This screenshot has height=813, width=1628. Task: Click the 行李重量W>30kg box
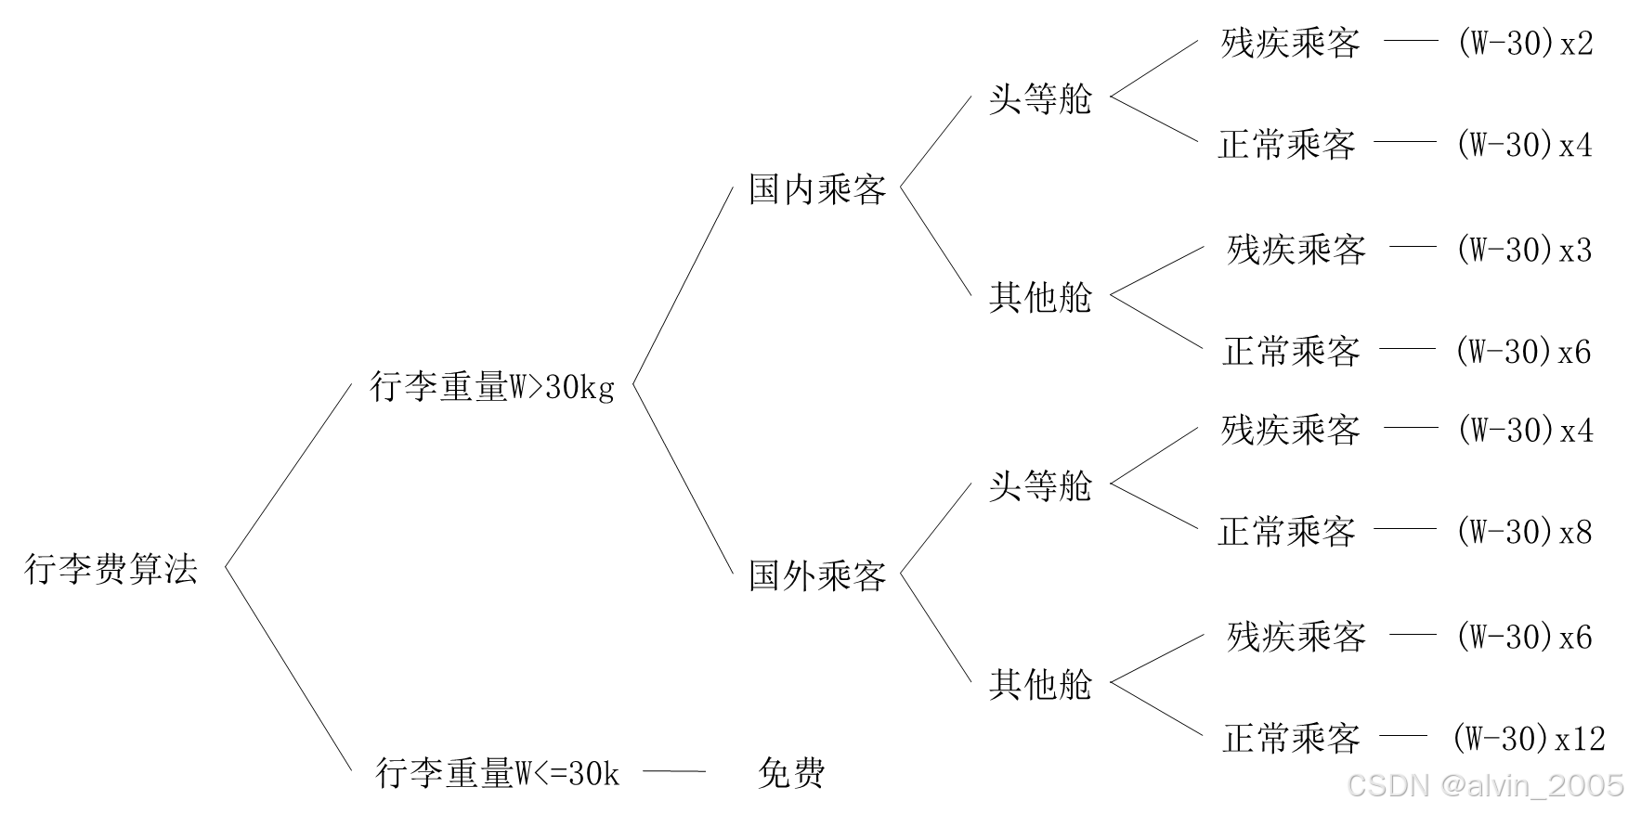(491, 384)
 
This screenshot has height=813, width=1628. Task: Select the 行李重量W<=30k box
(496, 770)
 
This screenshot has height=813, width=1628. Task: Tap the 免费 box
(791, 770)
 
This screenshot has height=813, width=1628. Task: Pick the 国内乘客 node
(815, 187)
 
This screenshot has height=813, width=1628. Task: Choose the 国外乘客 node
(815, 574)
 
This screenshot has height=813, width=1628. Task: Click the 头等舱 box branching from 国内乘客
(1039, 97)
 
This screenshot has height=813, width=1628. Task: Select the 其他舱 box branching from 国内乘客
(1039, 295)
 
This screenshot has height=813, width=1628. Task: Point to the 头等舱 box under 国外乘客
(1039, 484)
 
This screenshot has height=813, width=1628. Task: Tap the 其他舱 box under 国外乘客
(1039, 682)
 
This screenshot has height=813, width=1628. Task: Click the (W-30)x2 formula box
(1523, 41)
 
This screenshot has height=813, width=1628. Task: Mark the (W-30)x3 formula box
(1522, 247)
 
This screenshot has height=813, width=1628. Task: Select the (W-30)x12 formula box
(1528, 736)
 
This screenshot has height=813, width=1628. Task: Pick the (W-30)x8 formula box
(1522, 529)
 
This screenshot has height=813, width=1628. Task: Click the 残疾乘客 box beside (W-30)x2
(1290, 41)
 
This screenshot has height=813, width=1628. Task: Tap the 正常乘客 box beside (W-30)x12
(1290, 736)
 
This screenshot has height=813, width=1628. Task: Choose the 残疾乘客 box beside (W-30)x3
(1296, 247)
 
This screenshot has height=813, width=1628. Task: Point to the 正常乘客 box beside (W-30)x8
(1285, 529)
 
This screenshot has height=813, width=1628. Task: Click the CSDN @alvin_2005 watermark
(1484, 785)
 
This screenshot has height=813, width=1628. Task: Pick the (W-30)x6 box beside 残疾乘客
(1522, 635)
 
